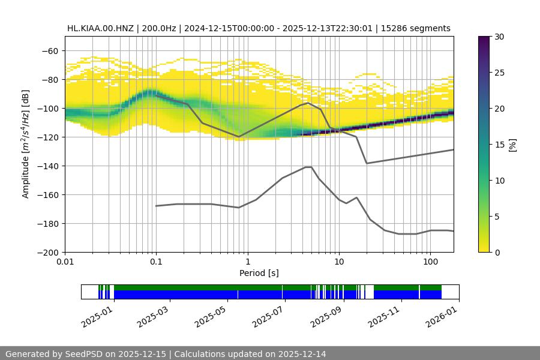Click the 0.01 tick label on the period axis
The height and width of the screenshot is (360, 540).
pyautogui.click(x=65, y=262)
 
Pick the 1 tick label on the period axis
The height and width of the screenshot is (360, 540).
pyautogui.click(x=247, y=262)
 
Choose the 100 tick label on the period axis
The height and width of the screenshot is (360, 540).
pyautogui.click(x=430, y=262)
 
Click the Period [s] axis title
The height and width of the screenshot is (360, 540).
pyautogui.click(x=259, y=273)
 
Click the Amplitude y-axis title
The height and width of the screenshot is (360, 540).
pyautogui.click(x=26, y=144)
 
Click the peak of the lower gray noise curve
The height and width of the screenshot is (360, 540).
pyautogui.click(x=308, y=167)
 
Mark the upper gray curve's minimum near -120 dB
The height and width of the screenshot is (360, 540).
pyautogui.click(x=239, y=137)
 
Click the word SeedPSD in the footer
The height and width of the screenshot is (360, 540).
pyautogui.click(x=82, y=354)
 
